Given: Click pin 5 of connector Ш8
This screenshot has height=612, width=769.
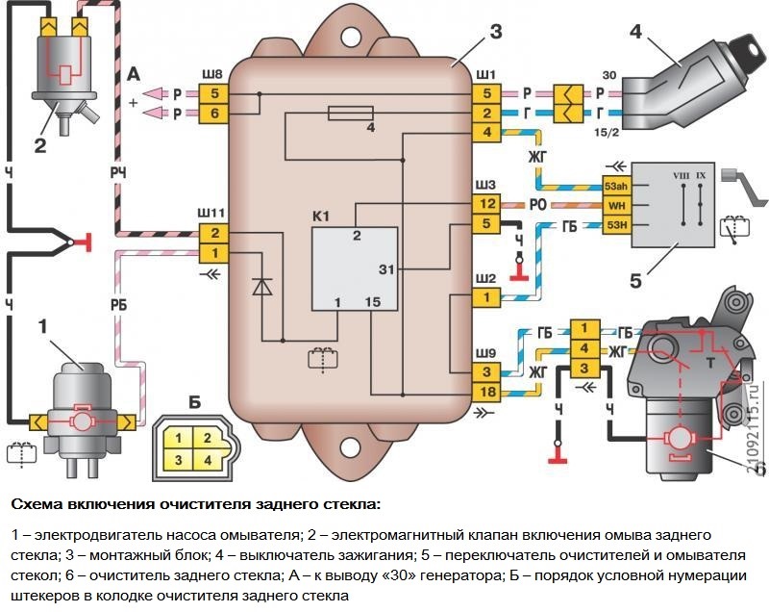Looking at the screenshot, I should (214, 93).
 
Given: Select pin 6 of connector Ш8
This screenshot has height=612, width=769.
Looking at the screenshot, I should (214, 114).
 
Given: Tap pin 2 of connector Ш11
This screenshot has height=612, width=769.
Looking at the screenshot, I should (214, 233).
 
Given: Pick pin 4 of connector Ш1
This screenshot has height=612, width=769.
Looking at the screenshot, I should (487, 132).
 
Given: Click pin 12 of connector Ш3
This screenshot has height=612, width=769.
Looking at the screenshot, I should (487, 203).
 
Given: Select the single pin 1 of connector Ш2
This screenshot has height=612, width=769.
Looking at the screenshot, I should (487, 298).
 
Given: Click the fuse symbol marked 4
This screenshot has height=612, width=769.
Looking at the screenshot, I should (344, 115).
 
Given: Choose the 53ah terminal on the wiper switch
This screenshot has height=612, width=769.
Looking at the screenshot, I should (615, 187).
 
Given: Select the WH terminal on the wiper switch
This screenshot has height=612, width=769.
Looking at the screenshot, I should (615, 206).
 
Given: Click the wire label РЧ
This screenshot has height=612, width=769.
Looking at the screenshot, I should (119, 171).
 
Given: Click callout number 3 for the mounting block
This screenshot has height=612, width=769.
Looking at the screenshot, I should (495, 31).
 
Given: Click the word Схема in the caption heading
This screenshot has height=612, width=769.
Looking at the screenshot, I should (37, 503).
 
